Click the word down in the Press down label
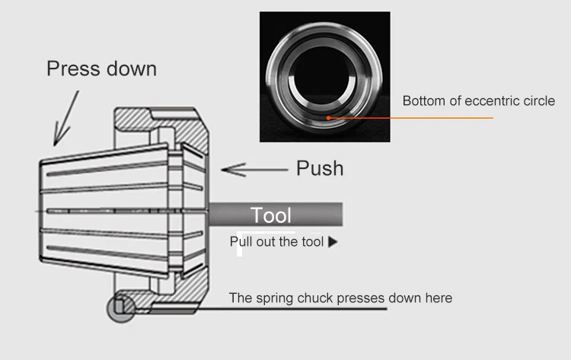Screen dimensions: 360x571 [x=129, y=68]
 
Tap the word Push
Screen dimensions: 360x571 [x=319, y=168]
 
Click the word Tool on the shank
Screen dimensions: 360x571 [x=272, y=215]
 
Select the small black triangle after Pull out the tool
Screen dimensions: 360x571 [x=332, y=243]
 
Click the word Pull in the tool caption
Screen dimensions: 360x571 [x=242, y=243]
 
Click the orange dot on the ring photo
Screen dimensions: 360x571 [x=327, y=118]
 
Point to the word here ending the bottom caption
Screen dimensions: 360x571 [x=438, y=298]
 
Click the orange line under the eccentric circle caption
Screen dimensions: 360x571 [x=426, y=118]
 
